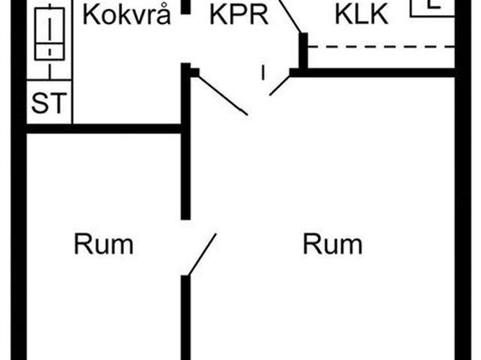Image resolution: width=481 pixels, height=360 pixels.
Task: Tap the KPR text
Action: pyautogui.click(x=238, y=15)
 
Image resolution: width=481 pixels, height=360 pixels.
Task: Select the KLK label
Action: pyautogui.click(x=362, y=15)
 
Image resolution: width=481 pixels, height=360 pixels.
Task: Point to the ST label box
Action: pyautogui.click(x=49, y=104)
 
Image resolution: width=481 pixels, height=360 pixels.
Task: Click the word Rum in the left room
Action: pyautogui.click(x=103, y=244)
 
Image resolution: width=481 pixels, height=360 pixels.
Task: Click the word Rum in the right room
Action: pyautogui.click(x=332, y=244)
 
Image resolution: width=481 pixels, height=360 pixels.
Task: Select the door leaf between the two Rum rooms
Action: pyautogui.click(x=201, y=255)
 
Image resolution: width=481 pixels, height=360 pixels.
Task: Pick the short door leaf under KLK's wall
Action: pyautogui.click(x=280, y=83)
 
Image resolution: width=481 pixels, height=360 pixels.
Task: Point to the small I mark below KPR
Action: pyautogui.click(x=263, y=73)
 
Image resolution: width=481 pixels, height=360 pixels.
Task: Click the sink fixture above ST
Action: pyautogui.click(x=50, y=34)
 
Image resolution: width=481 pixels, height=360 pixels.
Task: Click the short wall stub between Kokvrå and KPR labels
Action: pyautogui.click(x=185, y=6)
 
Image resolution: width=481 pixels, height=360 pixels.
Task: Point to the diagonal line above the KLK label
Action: pyautogui.click(x=289, y=16)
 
